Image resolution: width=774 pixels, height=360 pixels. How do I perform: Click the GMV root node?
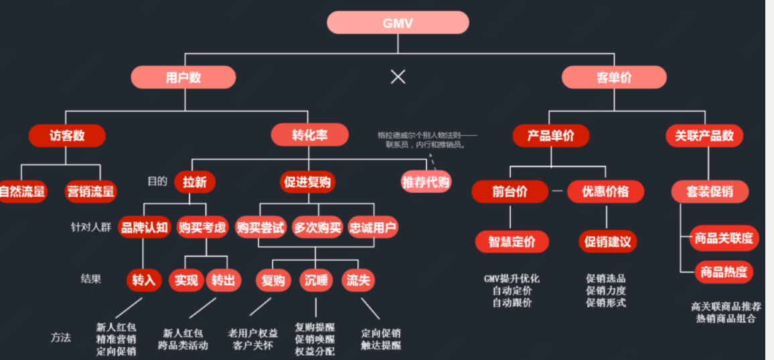click(398, 23)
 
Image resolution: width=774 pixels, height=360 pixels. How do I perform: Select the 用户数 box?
click(183, 78)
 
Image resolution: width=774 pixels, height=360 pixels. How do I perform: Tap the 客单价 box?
click(613, 78)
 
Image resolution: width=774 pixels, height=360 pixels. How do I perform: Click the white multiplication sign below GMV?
click(398, 77)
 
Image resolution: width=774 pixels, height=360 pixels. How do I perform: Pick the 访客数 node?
click(67, 136)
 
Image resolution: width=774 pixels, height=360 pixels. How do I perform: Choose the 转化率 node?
click(309, 135)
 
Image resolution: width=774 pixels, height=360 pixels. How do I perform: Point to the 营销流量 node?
click(90, 192)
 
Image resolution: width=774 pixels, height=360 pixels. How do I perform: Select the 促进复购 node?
click(307, 182)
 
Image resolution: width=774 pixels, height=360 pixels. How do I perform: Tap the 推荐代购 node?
click(426, 181)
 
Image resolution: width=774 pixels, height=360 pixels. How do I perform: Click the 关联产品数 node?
click(704, 136)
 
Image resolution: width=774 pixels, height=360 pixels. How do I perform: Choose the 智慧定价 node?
click(512, 242)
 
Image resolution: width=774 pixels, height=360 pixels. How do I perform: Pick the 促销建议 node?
click(607, 242)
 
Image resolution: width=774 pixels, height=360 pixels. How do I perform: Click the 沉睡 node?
click(316, 280)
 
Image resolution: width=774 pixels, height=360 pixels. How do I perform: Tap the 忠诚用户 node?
click(373, 227)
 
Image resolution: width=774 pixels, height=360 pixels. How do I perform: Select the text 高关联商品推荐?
click(726, 306)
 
